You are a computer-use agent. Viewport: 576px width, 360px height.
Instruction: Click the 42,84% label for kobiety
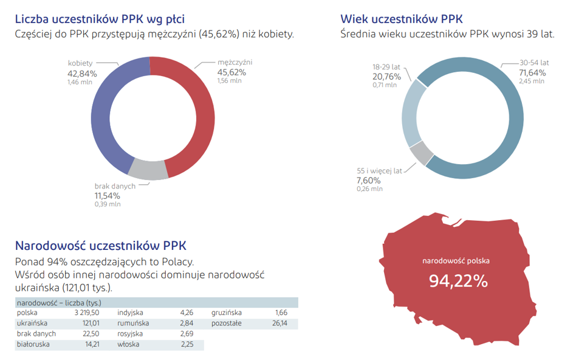(82, 73)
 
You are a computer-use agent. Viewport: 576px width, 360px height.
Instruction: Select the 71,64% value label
(532, 72)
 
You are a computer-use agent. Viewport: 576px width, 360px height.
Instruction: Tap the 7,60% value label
(368, 180)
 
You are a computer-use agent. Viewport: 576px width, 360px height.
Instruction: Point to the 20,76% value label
(386, 76)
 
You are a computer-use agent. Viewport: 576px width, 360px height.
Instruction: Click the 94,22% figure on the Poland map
(458, 281)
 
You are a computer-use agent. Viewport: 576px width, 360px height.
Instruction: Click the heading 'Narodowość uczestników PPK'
(100, 246)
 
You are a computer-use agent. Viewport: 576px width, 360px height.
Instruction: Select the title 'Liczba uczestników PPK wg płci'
(100, 19)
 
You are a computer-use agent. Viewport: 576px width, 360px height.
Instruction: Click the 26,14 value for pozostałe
(280, 324)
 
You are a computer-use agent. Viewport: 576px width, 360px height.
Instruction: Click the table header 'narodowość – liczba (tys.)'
(59, 302)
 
